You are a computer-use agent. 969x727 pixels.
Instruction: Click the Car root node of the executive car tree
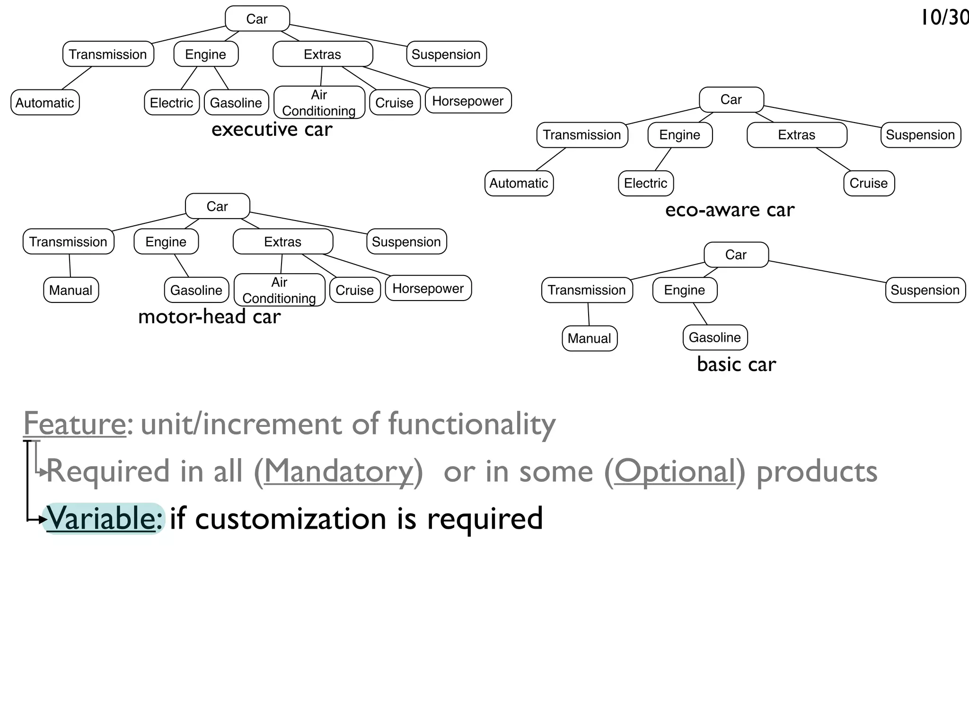[x=257, y=19]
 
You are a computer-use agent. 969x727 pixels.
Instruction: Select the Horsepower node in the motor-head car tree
[x=428, y=288]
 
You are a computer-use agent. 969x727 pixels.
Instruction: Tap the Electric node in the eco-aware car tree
[x=645, y=183]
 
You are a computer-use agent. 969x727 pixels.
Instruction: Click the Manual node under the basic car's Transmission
[x=589, y=338]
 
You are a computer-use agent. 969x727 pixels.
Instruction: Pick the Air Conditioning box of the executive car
[x=319, y=102]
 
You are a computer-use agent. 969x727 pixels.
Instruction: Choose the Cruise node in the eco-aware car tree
[x=869, y=183]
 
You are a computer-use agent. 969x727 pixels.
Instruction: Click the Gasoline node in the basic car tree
[x=714, y=337]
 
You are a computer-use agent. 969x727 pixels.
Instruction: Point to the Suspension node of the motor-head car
[x=406, y=242]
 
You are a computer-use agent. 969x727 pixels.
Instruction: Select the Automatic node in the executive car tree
[x=45, y=103]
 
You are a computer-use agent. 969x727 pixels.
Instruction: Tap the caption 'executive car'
[x=272, y=129]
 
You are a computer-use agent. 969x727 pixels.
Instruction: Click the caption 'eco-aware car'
[x=730, y=210]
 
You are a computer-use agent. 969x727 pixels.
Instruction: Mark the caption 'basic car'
[x=736, y=364]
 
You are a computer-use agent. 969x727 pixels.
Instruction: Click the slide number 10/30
[x=944, y=18]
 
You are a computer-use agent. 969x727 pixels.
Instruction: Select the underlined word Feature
[x=75, y=424]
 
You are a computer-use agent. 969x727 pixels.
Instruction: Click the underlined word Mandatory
[x=338, y=471]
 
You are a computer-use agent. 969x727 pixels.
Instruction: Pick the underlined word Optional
[x=675, y=471]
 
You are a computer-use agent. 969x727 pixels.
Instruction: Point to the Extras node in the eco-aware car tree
[x=796, y=135]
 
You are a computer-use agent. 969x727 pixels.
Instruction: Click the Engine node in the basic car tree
[x=684, y=290]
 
